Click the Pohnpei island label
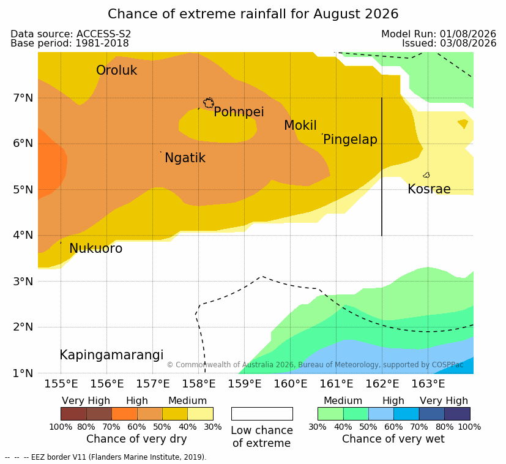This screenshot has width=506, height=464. [x=239, y=112]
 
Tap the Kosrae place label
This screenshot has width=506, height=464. [x=429, y=189]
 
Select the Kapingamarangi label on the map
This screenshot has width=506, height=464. [x=111, y=355]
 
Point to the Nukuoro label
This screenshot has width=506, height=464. [x=96, y=249]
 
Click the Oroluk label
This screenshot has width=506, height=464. [x=116, y=70]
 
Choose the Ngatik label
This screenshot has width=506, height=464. [x=185, y=158]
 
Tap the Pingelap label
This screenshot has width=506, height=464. [x=350, y=140]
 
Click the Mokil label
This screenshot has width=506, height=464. [x=300, y=125]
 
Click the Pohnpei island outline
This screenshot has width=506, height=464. [x=209, y=103]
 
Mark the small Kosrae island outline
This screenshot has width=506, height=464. [x=426, y=175]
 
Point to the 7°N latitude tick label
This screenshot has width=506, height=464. [x=23, y=97]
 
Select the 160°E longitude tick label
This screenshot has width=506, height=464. [x=291, y=384]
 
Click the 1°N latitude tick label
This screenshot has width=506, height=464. [x=23, y=373]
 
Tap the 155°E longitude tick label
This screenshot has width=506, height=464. [x=61, y=384]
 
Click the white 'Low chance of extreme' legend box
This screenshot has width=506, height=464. [x=262, y=414]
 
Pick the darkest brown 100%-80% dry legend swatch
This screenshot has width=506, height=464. [x=73, y=414]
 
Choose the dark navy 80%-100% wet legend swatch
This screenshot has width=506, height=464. [x=457, y=414]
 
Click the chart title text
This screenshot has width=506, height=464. [x=253, y=14]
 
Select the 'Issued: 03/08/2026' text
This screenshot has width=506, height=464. [x=449, y=43]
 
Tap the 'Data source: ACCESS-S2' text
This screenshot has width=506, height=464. [x=71, y=34]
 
